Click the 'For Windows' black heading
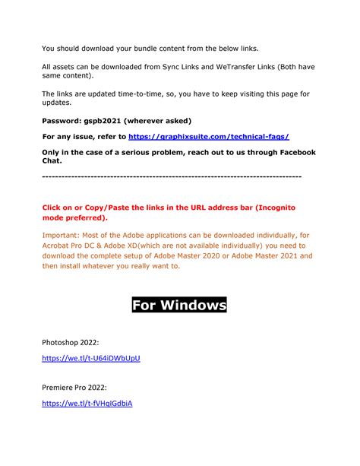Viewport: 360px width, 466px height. tap(179, 306)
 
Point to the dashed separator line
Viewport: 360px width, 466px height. tap(172, 176)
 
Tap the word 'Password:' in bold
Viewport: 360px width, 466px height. tap(63, 121)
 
